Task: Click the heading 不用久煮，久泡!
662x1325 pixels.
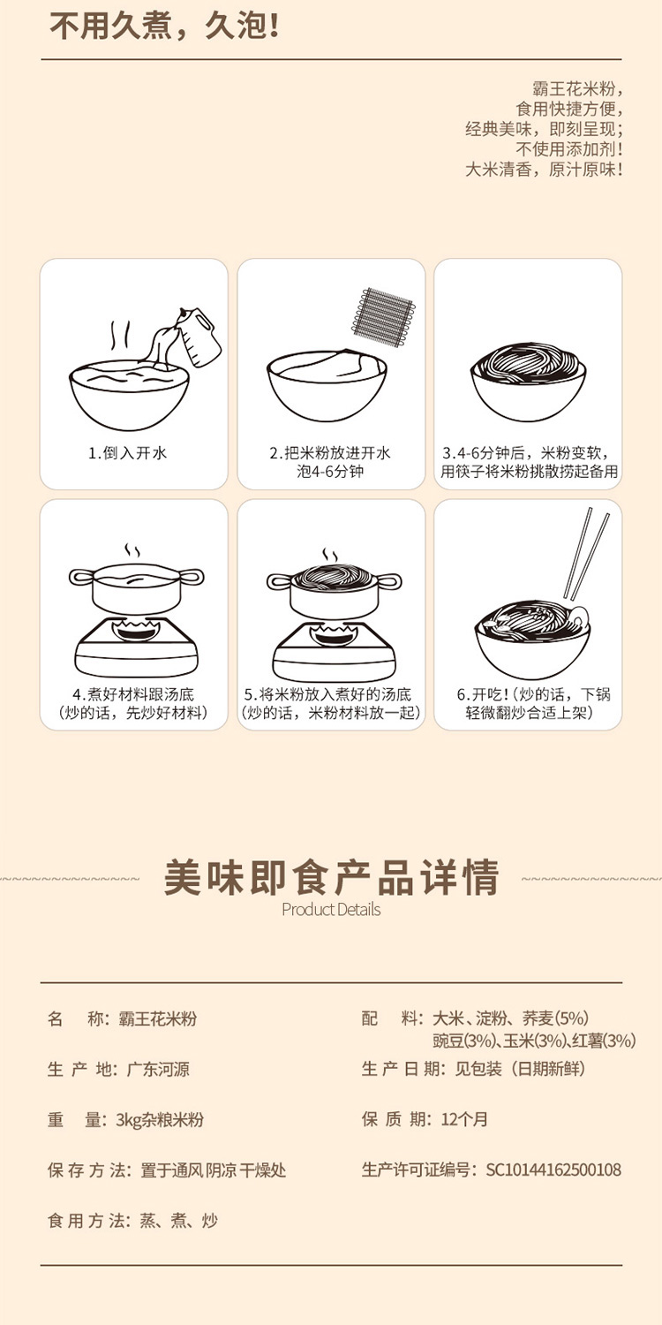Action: pyautogui.click(x=163, y=27)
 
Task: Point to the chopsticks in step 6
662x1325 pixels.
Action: pyautogui.click(x=586, y=554)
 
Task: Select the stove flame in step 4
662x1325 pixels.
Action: pyautogui.click(x=136, y=631)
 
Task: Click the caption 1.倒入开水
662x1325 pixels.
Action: pyautogui.click(x=128, y=453)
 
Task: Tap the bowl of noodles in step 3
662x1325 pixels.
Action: pyautogui.click(x=529, y=381)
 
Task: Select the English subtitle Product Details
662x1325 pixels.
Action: pyautogui.click(x=331, y=910)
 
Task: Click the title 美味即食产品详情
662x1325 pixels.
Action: pyautogui.click(x=331, y=877)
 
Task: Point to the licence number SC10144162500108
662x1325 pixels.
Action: pyautogui.click(x=553, y=1170)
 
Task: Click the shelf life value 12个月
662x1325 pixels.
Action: pyautogui.click(x=464, y=1119)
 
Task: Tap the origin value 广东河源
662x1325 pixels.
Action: pyautogui.click(x=158, y=1069)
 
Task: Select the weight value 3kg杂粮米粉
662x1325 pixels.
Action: pyautogui.click(x=160, y=1119)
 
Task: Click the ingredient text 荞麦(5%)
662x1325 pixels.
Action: pyautogui.click(x=555, y=1018)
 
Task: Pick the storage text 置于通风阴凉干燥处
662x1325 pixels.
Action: pyautogui.click(x=213, y=1170)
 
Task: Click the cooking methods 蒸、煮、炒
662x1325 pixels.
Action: pyautogui.click(x=178, y=1220)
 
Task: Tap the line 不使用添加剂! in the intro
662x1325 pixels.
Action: pyautogui.click(x=568, y=149)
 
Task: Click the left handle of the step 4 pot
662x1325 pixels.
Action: pyautogui.click(x=81, y=577)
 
